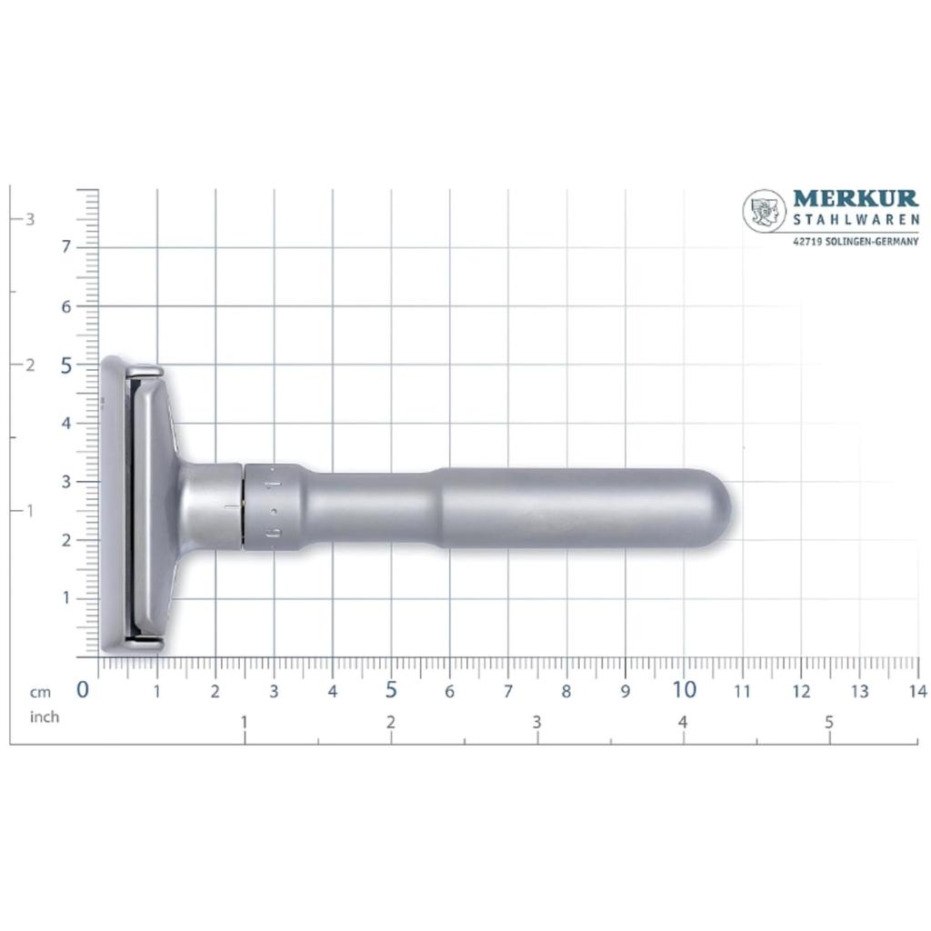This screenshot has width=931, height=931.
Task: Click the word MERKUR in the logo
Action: coord(856,199)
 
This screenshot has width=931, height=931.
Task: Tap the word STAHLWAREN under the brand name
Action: coord(856,219)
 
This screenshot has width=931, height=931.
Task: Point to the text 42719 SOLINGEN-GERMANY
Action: coord(856,242)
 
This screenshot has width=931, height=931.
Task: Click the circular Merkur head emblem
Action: coord(764,211)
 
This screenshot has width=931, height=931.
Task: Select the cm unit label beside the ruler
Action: coord(38,692)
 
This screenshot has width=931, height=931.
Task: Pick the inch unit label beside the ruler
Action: coord(44,717)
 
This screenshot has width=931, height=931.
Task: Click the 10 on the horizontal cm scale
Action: coord(684,690)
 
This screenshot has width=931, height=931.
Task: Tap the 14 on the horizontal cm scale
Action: coord(917,692)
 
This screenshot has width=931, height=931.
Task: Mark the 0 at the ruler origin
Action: coord(83,690)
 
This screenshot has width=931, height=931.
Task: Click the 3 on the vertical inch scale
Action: coord(30,219)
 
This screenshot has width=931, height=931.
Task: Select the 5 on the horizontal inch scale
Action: coord(828,723)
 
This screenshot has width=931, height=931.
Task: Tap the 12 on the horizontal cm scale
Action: coord(801,692)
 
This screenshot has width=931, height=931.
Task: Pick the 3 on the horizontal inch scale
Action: coord(536,723)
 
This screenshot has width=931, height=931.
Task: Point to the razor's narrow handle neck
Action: coord(373,507)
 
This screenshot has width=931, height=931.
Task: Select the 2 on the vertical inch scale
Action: coord(30,365)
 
